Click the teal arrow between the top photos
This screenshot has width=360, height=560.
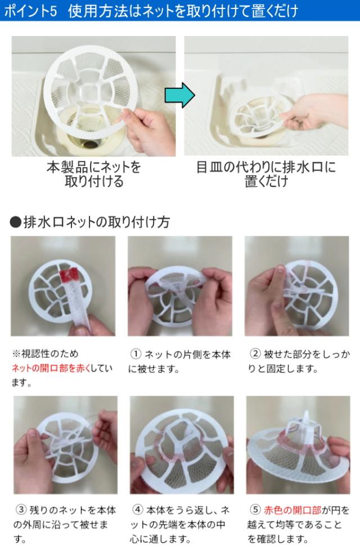pyautogui.click(x=179, y=95)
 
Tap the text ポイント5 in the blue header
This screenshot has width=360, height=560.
pyautogui.click(x=31, y=11)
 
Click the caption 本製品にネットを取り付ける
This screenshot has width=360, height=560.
pyautogui.click(x=94, y=174)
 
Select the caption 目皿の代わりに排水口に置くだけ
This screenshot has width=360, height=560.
pyautogui.click(x=266, y=174)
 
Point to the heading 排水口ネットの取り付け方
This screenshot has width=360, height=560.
pyautogui.click(x=96, y=222)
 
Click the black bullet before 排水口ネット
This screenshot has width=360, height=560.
pyautogui.click(x=16, y=222)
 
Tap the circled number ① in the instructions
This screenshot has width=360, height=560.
pyautogui.click(x=136, y=354)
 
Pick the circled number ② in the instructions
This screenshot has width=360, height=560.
pyautogui.click(x=255, y=354)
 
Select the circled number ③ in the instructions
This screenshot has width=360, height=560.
pyautogui.click(x=21, y=510)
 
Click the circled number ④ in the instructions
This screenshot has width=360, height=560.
pyautogui.click(x=138, y=510)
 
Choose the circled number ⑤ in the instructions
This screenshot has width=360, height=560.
pyautogui.click(x=255, y=510)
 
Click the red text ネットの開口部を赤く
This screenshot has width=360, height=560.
pyautogui.click(x=51, y=368)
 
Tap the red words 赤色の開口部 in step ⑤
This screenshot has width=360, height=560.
pyautogui.click(x=292, y=510)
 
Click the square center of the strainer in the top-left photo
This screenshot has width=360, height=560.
pyautogui.click(x=87, y=92)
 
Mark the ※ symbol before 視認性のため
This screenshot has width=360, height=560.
pyautogui.click(x=16, y=354)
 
